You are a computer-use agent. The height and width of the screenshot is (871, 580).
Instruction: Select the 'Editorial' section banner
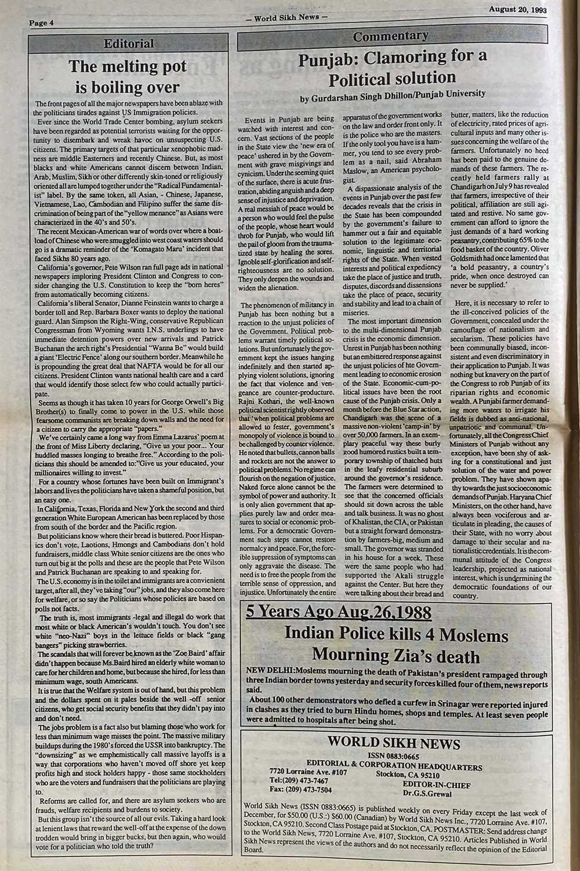[128, 44]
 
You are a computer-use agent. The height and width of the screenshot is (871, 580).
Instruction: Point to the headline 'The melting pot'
[128, 67]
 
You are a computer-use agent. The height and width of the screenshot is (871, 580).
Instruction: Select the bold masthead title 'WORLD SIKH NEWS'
[394, 743]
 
